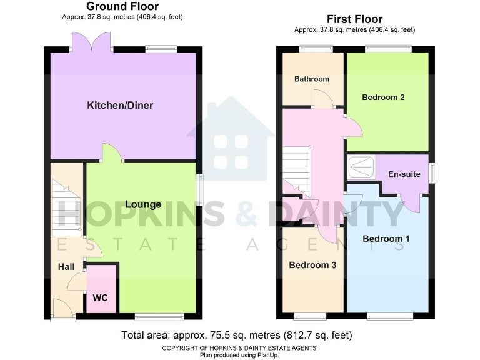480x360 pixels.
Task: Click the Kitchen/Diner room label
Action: point(119,105)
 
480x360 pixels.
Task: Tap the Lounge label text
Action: point(143,204)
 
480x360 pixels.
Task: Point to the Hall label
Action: point(66,267)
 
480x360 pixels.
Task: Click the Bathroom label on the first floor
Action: point(311,79)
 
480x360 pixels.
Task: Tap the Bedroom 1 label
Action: point(386,239)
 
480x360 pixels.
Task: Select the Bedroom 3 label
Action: point(312,265)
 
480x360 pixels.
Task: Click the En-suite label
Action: point(404,174)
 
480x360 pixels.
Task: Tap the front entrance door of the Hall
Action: point(62,309)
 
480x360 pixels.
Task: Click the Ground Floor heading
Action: point(122,7)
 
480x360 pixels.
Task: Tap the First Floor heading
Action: point(354,19)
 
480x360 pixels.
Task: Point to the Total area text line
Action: point(239,334)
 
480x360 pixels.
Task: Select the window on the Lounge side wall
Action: point(199,189)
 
